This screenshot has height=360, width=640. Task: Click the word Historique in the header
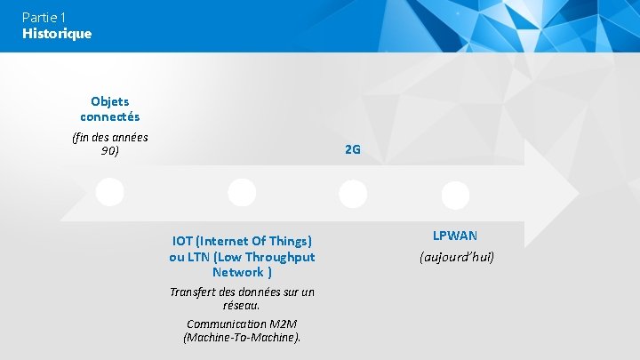(x=57, y=34)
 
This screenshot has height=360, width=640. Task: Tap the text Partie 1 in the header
(x=44, y=17)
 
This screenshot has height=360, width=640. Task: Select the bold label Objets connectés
(x=110, y=108)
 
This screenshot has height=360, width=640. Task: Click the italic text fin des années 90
(x=110, y=143)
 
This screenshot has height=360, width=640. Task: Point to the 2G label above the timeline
(x=352, y=149)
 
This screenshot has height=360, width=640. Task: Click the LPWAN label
(x=455, y=236)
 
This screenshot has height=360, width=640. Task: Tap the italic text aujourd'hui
(x=456, y=257)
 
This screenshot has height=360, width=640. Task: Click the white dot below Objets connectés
(x=109, y=192)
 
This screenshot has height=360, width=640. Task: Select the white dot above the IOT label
(x=242, y=192)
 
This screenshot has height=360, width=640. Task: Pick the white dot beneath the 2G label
(x=353, y=193)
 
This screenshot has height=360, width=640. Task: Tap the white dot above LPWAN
(x=455, y=195)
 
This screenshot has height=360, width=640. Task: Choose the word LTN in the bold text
(x=197, y=257)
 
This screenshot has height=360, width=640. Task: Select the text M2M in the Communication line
(x=285, y=324)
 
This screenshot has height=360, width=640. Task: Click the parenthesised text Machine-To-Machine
(x=242, y=338)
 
